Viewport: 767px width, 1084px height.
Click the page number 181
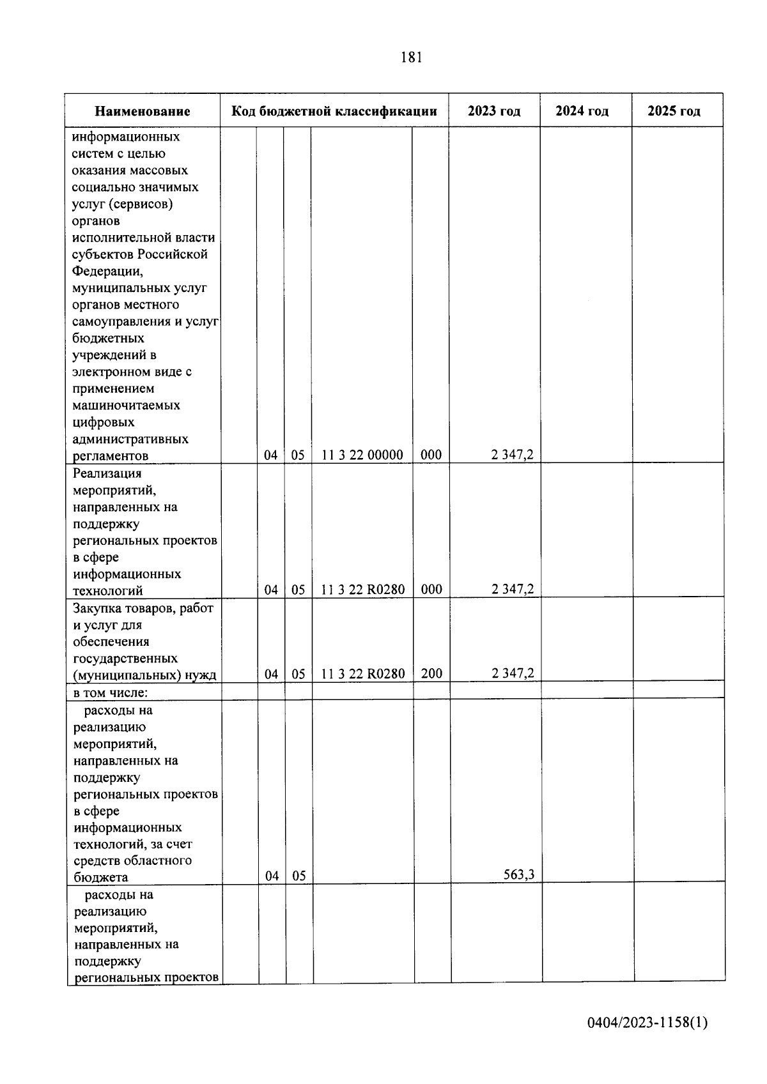tap(411, 57)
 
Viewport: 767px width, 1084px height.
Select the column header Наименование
tap(143, 111)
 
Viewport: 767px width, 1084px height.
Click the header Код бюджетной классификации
tap(334, 111)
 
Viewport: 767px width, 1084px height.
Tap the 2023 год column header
tap(494, 111)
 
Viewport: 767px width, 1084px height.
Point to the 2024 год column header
tap(582, 111)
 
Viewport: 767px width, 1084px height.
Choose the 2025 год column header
tap(674, 111)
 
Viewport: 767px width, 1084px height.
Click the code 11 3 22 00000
tap(362, 455)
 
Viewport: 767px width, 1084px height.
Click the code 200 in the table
tap(431, 673)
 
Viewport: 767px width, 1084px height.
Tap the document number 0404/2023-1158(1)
tap(647, 1023)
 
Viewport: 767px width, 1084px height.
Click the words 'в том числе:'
tap(111, 692)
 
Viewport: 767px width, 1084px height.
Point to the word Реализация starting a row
tap(107, 473)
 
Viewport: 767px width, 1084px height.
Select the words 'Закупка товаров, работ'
tap(143, 608)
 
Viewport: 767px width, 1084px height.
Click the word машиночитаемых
tap(127, 405)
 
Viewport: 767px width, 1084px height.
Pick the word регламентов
tap(111, 455)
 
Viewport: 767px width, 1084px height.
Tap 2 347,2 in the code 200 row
tap(513, 673)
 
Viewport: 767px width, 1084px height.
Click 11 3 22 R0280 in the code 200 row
tap(362, 674)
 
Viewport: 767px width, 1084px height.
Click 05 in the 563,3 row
tap(298, 876)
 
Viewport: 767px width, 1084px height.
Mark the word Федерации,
tap(108, 271)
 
